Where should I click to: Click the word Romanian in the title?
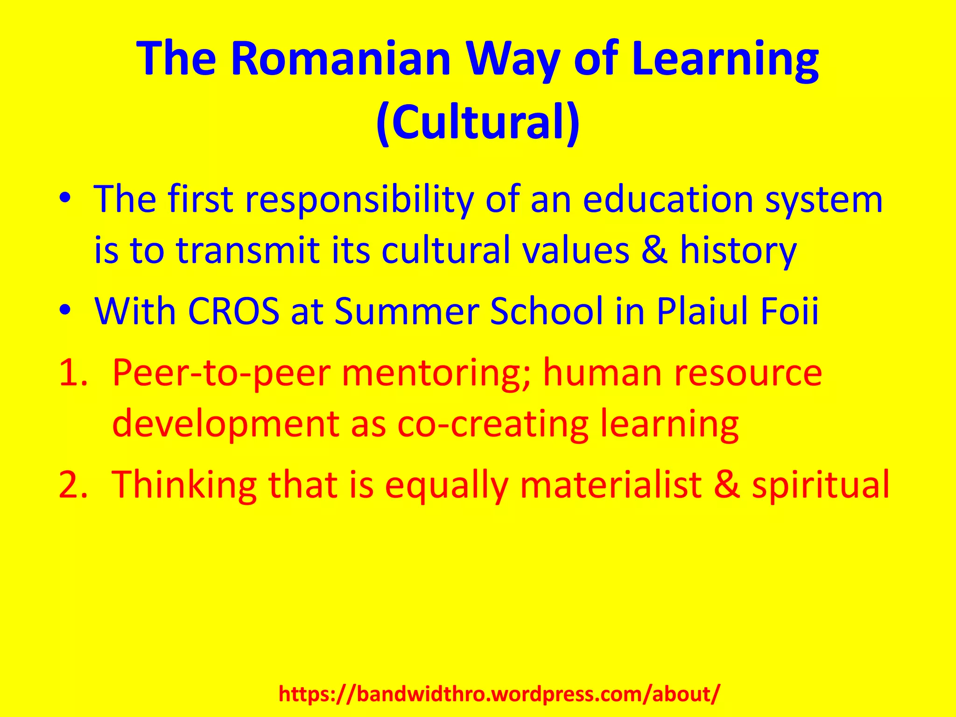click(x=341, y=59)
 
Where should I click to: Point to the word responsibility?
click(x=359, y=200)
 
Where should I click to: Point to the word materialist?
click(x=612, y=484)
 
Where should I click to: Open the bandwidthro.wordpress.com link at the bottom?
click(x=499, y=694)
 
